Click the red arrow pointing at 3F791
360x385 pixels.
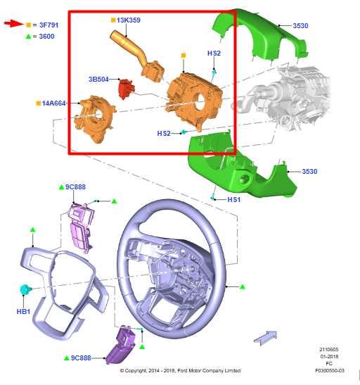pos(14,24)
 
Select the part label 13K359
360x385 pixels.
pos(129,20)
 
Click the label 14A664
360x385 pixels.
pos(53,103)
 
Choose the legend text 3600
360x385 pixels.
pos(46,37)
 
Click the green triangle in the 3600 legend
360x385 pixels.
pos(28,37)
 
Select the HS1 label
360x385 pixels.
pos(234,200)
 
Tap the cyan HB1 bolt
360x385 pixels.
pos(25,289)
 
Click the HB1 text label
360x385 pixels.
pos(23,312)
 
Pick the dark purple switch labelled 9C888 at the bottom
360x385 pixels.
pos(121,345)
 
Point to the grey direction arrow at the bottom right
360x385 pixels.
pos(265,338)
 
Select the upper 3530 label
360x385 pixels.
pos(300,26)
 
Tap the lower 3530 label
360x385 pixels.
pos(309,171)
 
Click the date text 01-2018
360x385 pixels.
pos(329,356)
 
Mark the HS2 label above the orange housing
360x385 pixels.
pos(214,53)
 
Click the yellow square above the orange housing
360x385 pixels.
pos(184,56)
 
